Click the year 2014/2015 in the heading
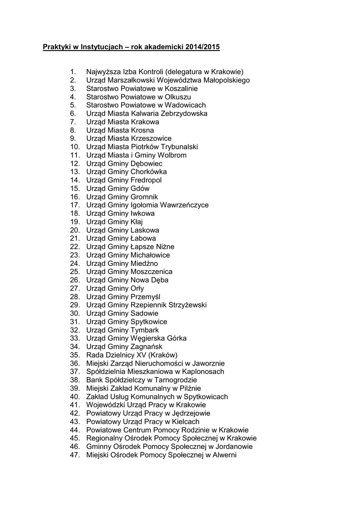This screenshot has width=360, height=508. [x=203, y=47]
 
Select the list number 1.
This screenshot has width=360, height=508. [x=73, y=72]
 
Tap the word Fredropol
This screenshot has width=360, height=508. [x=146, y=180]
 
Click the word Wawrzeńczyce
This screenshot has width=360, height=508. [x=183, y=205]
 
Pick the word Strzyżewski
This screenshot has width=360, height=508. [x=182, y=305]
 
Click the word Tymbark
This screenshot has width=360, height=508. [x=144, y=330]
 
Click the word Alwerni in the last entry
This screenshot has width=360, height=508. [x=224, y=455]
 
